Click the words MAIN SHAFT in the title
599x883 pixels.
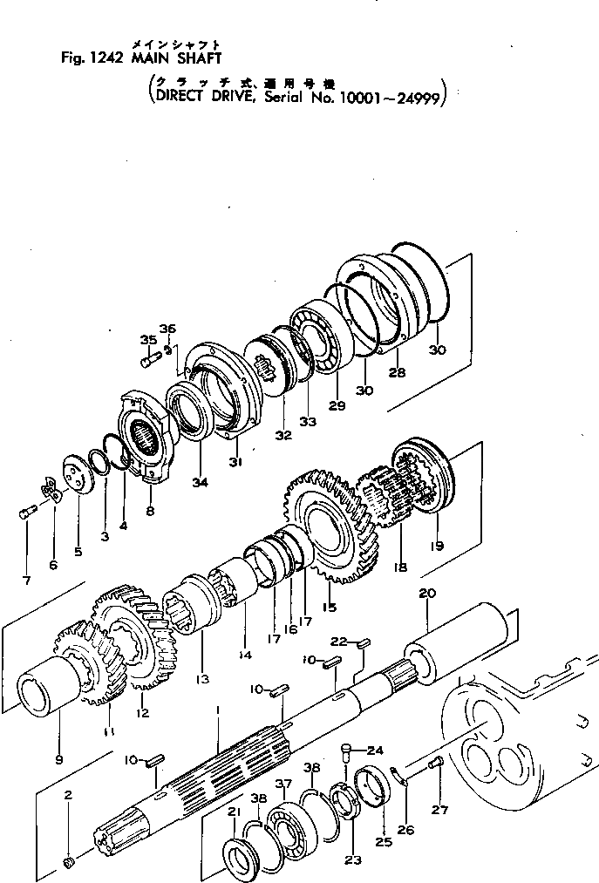pyautogui.click(x=176, y=59)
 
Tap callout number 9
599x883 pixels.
pyautogui.click(x=58, y=758)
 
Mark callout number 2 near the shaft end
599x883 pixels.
pyautogui.click(x=68, y=795)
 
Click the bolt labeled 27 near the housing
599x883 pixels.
pyautogui.click(x=436, y=764)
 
